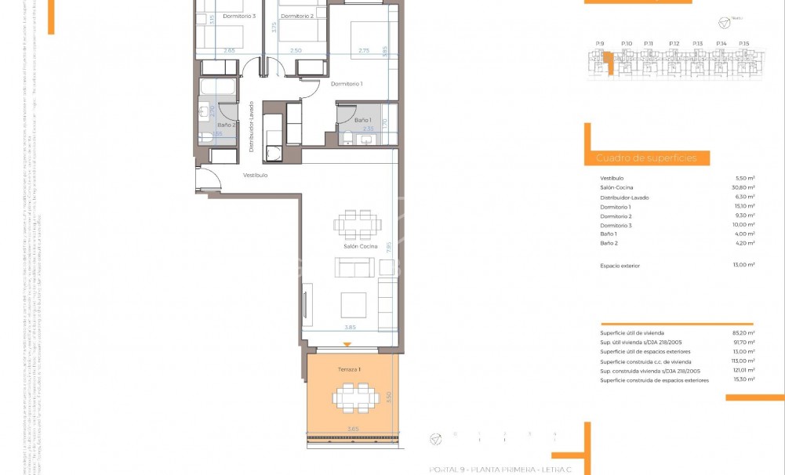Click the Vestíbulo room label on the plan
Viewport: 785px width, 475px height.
(255, 175)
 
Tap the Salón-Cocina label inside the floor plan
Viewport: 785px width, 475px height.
(360, 246)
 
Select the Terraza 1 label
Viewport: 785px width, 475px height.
(348, 369)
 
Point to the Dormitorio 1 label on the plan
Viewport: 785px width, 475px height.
(346, 84)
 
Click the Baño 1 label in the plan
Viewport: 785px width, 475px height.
(362, 120)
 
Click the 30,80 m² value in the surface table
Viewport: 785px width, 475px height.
(743, 187)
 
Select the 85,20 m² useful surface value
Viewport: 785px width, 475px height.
(743, 333)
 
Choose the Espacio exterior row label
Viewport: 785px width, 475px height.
(620, 266)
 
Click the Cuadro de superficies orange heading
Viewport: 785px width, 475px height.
(646, 158)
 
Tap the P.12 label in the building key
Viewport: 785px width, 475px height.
(674, 43)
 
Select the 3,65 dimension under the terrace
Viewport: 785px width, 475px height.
(354, 429)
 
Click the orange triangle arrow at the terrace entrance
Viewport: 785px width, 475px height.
(347, 345)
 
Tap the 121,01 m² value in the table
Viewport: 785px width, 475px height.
(743, 371)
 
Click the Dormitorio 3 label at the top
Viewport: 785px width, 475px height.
(238, 16)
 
